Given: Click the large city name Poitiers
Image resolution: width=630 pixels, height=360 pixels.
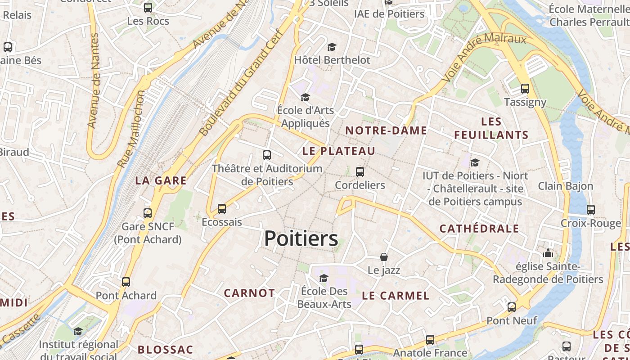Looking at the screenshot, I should tap(301, 238).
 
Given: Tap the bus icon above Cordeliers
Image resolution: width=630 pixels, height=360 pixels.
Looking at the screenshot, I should tap(360, 171).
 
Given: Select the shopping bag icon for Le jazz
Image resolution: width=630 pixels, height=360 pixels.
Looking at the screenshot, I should tap(384, 257).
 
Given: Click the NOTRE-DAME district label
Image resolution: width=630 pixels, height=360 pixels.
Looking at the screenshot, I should tap(386, 130).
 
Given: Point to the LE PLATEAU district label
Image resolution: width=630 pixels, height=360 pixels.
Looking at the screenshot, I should tap(338, 151).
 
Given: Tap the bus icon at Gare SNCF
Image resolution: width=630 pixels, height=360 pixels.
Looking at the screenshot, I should tap(148, 213).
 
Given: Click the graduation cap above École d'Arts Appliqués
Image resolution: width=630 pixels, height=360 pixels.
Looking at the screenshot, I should tap(305, 97).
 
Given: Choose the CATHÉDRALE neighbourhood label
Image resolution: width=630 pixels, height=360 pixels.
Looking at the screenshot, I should tap(479, 228).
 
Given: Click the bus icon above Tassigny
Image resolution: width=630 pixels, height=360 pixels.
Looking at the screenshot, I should tap(525, 89).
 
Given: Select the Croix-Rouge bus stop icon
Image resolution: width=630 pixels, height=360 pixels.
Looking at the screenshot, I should tap(590, 209).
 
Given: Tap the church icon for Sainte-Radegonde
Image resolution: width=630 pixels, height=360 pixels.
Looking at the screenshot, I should tap(548, 253).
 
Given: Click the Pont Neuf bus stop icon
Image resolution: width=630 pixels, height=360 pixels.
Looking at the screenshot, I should tap(512, 307).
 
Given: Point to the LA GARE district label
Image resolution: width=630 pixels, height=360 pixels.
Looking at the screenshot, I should tap(161, 180).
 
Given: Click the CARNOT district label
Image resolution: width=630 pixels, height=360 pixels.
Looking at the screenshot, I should tap(249, 293).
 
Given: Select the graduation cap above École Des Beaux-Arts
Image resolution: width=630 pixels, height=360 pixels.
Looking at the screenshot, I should tap(324, 278).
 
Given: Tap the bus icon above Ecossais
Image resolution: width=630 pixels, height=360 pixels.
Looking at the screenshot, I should tap(221, 209).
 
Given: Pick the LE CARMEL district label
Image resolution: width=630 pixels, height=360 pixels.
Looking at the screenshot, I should tap(396, 296).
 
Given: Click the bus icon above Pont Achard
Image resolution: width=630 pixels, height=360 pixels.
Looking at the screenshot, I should tap(126, 282).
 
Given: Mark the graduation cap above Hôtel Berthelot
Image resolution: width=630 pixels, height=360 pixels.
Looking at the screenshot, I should tap(332, 47).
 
